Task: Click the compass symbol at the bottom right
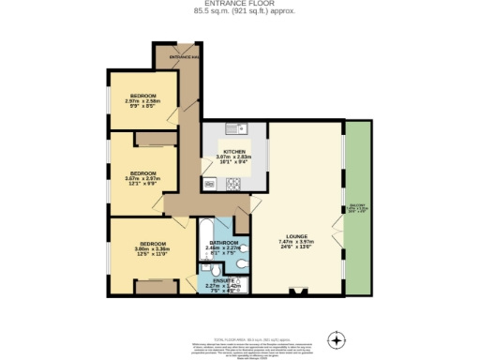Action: (337, 337)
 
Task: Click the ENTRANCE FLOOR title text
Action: (240, 4)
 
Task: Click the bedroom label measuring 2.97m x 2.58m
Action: (143, 96)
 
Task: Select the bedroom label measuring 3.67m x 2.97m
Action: (142, 173)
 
